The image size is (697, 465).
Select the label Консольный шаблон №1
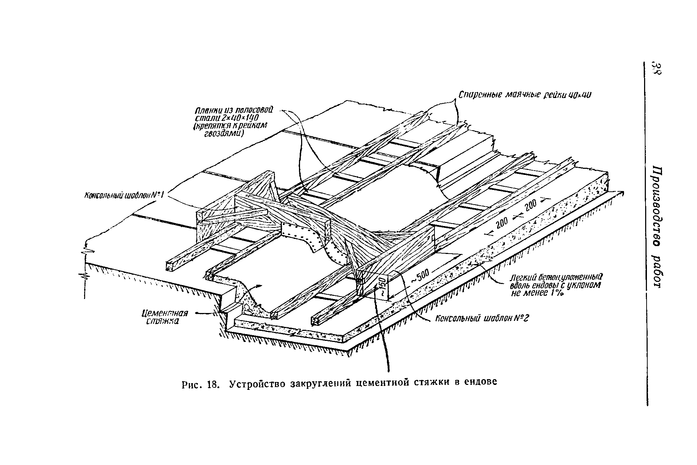point(124,195)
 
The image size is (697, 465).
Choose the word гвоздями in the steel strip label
point(224,133)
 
